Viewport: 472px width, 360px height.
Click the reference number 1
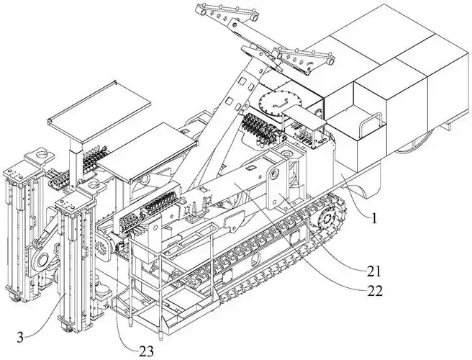coord(374,219)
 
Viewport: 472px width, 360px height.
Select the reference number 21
coord(374,272)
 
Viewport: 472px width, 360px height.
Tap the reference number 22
coord(374,292)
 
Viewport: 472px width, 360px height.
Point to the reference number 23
coord(146,351)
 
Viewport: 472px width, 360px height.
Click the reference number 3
coord(20,338)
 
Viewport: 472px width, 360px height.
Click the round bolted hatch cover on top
coord(274,103)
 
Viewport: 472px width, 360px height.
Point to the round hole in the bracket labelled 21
coord(275,174)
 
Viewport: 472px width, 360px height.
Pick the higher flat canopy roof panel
coord(99,111)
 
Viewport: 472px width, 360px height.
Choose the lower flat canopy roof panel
coord(148,152)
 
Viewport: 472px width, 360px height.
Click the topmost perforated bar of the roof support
coord(228,13)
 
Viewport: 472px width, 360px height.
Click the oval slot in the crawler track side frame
coord(256,258)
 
